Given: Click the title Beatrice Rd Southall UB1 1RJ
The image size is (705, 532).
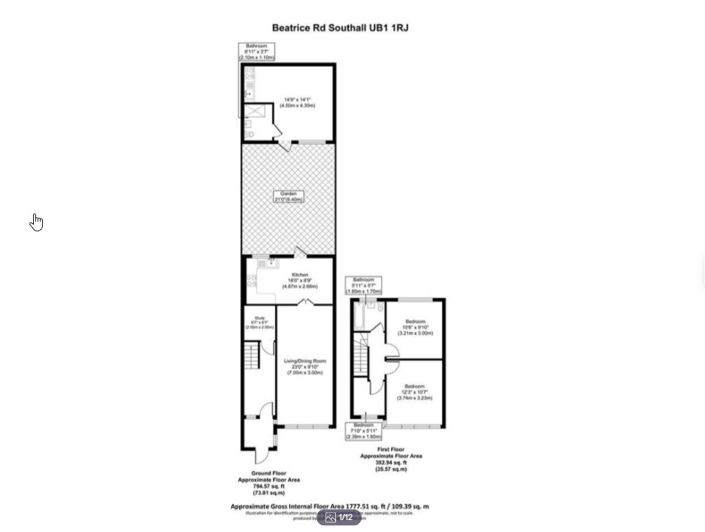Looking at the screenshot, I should click(x=340, y=28).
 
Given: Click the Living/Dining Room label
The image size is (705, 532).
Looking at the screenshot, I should click(x=304, y=367).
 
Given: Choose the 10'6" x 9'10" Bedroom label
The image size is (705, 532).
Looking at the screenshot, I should click(x=416, y=328).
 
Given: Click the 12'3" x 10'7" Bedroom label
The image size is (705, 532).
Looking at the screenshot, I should click(x=416, y=392).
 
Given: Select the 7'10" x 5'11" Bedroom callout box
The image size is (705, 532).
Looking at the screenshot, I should click(x=364, y=431).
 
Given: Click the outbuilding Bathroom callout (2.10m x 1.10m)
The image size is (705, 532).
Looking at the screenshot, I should click(x=256, y=52).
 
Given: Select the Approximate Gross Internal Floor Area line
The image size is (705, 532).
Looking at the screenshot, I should click(x=329, y=506).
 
